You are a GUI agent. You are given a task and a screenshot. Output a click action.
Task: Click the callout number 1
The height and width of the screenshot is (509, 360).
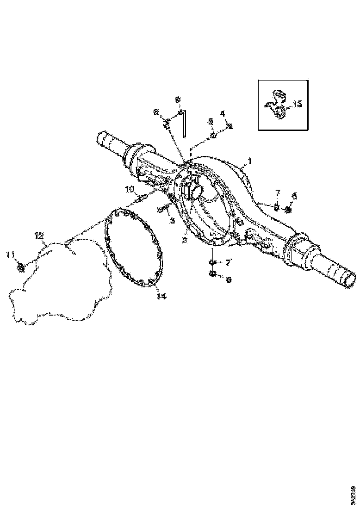[249, 162]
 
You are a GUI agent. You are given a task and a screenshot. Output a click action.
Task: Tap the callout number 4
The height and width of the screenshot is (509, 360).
[222, 113]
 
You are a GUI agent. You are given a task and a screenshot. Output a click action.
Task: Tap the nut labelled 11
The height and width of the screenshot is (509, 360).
[20, 267]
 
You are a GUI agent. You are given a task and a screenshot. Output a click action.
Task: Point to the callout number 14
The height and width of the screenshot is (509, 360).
[160, 296]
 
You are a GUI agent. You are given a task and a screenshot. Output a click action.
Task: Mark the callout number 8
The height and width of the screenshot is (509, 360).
[156, 112]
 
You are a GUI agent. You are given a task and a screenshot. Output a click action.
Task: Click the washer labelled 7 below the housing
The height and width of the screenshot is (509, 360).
[212, 262]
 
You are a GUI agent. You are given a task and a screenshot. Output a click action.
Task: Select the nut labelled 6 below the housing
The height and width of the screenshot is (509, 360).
[212, 273]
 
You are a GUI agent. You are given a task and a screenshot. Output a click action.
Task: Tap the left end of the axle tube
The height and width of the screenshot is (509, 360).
[99, 137]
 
